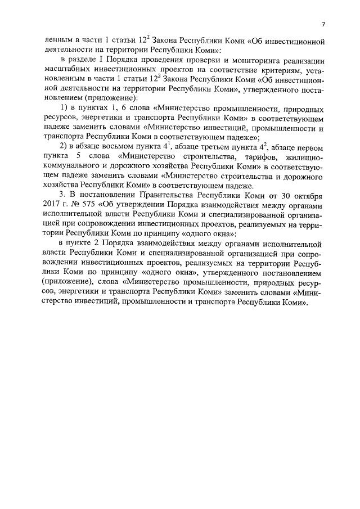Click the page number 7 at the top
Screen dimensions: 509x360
(323, 24)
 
